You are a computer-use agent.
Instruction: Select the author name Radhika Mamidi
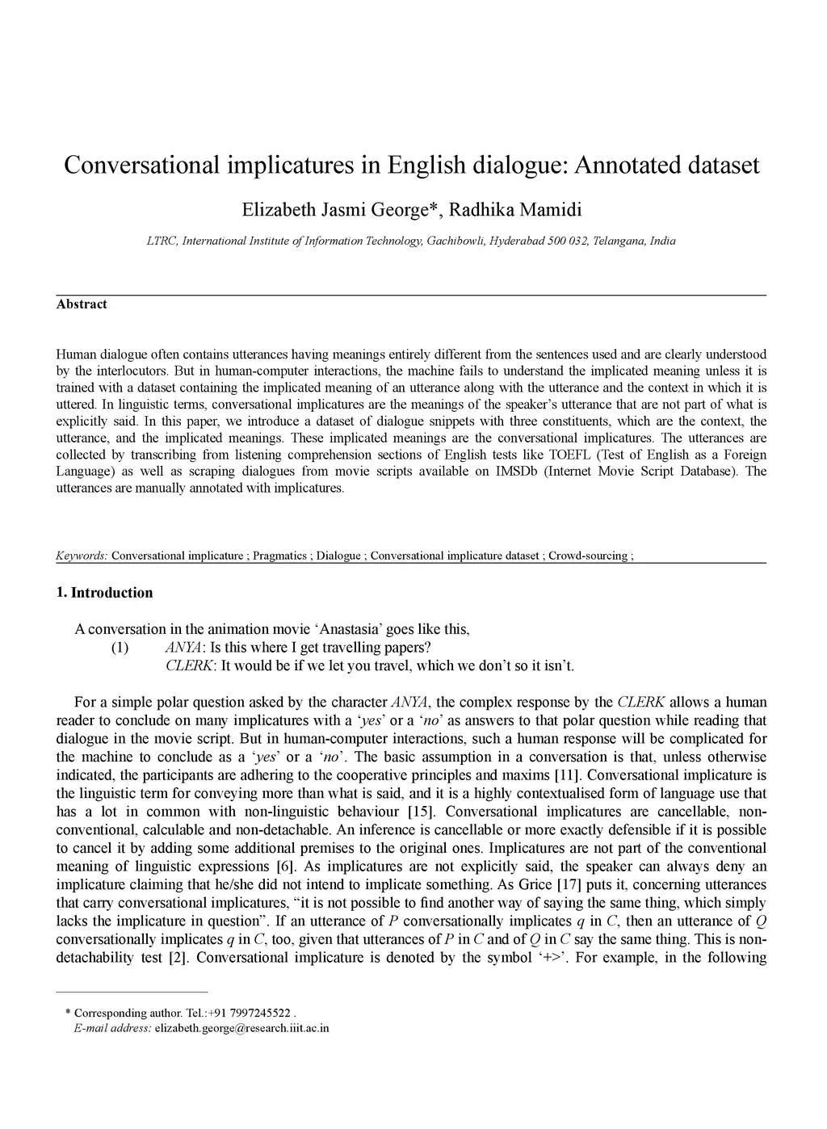pos(515,211)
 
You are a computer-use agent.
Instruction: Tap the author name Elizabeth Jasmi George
pos(338,211)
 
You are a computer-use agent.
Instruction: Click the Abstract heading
pos(82,304)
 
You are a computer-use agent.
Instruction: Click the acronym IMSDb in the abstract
pos(518,472)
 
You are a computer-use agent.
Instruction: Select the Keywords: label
pos(82,556)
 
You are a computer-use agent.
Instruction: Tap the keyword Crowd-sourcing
pos(588,556)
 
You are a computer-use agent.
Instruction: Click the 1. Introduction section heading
pos(104,593)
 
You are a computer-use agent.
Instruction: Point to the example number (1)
pos(120,648)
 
